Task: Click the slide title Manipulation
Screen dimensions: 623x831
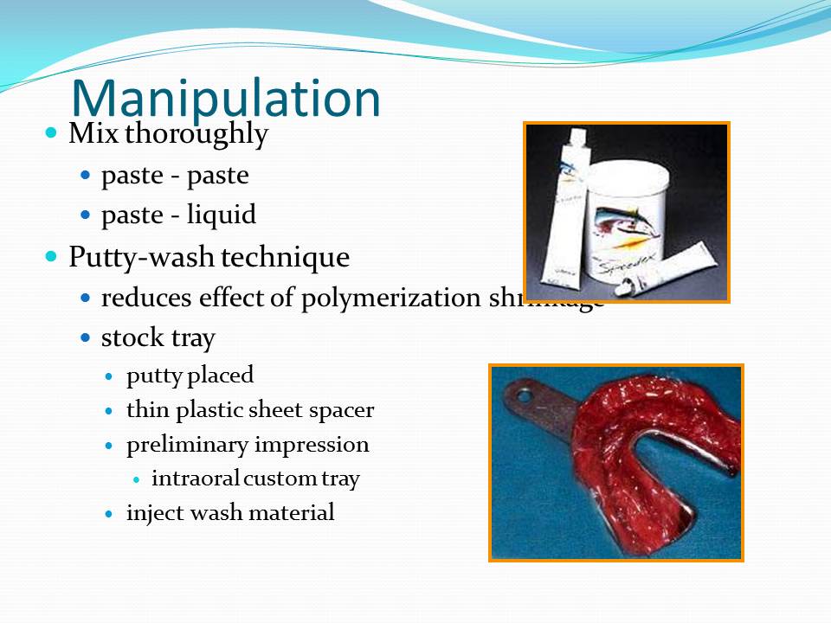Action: pos(224,98)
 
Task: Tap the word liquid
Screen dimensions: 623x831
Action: pos(220,215)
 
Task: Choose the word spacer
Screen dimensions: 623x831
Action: pos(342,410)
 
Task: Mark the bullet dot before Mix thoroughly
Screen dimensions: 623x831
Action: pos(50,134)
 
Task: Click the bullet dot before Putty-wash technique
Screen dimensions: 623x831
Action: pos(50,257)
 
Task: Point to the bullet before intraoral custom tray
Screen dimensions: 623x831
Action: pos(138,478)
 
